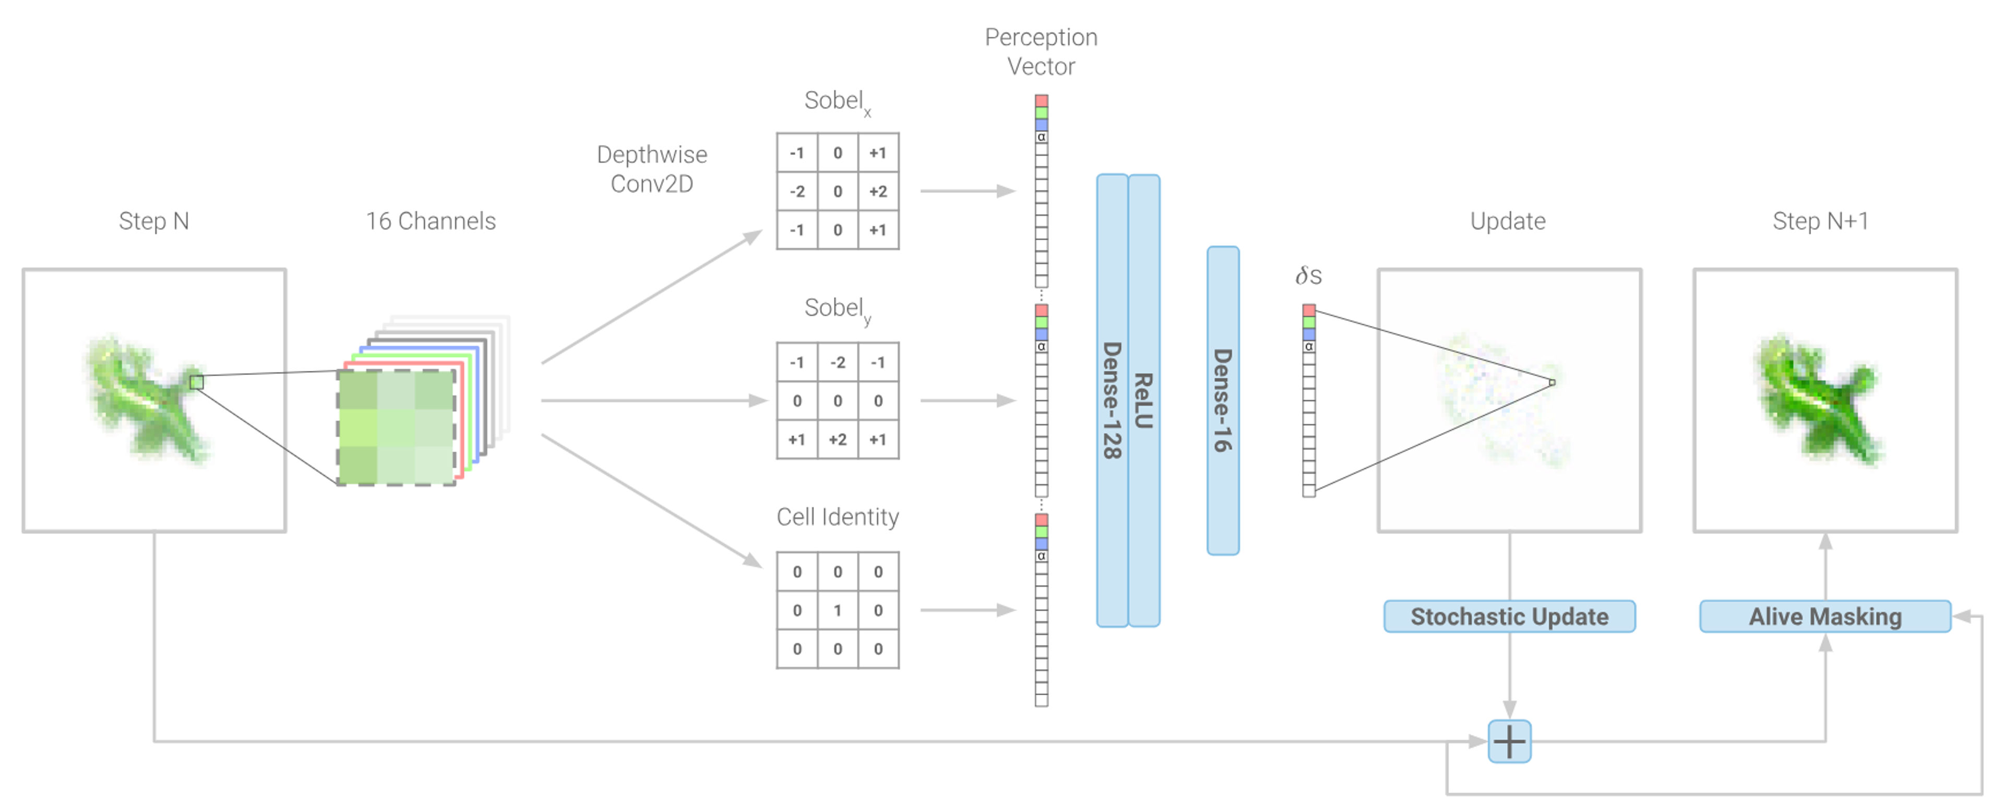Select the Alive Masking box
[x=1824, y=616]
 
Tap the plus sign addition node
[x=1509, y=741]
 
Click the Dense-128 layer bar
[x=1112, y=401]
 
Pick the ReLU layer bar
[x=1143, y=401]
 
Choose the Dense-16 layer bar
[x=1222, y=401]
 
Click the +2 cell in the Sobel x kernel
[x=877, y=191]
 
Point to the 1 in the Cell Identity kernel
[x=837, y=610]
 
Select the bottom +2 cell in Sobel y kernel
[x=837, y=439]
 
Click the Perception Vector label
[x=1041, y=51]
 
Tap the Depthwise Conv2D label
[x=651, y=169]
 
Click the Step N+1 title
[x=1820, y=222]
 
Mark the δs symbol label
[x=1308, y=276]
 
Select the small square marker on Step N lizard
[x=197, y=382]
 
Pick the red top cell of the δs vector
[x=1308, y=310]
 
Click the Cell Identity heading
[x=837, y=517]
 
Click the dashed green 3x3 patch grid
[x=396, y=428]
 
